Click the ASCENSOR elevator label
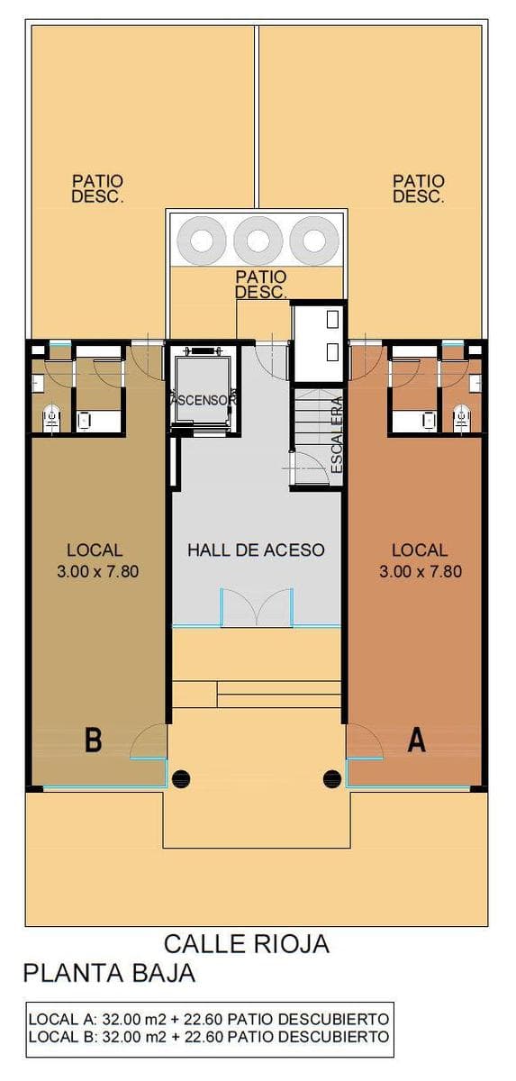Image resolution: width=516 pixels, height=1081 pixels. (x=203, y=400)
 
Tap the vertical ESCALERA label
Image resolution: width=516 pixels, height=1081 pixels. (x=337, y=434)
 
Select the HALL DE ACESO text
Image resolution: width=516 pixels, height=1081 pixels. (x=256, y=550)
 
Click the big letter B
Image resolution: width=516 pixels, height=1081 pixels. (x=93, y=740)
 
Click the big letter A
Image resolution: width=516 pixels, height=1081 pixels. (x=417, y=740)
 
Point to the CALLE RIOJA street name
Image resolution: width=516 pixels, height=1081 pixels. (x=247, y=944)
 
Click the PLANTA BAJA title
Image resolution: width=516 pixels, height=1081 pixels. (x=110, y=973)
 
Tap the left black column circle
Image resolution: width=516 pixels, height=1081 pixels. (x=182, y=777)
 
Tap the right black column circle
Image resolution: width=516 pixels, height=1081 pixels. (x=332, y=777)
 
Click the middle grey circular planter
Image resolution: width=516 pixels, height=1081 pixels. (x=258, y=240)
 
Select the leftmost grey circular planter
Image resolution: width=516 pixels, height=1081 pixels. (x=202, y=240)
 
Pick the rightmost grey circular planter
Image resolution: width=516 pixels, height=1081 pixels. (x=314, y=240)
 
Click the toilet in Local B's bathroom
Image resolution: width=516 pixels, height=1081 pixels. (x=50, y=418)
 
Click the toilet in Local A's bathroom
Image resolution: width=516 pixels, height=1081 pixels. (x=461, y=418)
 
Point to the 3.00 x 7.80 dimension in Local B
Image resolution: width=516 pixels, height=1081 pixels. (x=98, y=571)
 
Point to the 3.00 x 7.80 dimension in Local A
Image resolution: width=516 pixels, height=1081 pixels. (x=421, y=571)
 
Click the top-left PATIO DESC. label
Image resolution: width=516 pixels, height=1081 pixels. (x=97, y=188)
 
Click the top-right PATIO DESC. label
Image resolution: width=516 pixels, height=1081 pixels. (x=419, y=188)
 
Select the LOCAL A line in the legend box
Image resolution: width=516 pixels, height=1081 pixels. (x=209, y=1019)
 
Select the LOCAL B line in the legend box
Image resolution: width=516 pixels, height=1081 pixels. (x=209, y=1036)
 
